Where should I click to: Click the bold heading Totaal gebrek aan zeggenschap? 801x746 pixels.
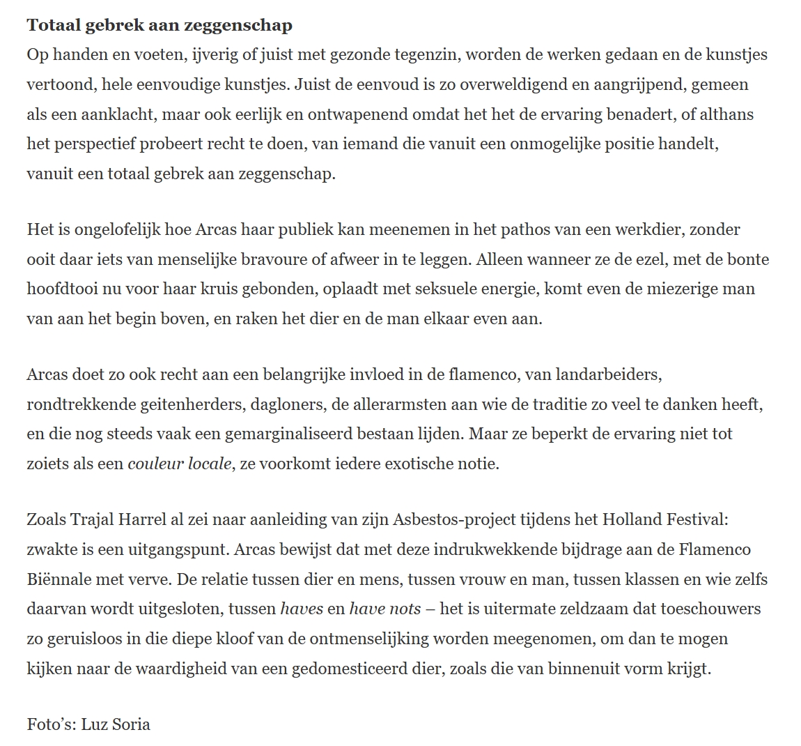click(x=160, y=26)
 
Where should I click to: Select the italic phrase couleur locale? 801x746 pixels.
click(x=180, y=464)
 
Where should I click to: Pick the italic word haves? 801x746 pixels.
click(x=301, y=609)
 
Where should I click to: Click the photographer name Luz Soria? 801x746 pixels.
click(x=115, y=724)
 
